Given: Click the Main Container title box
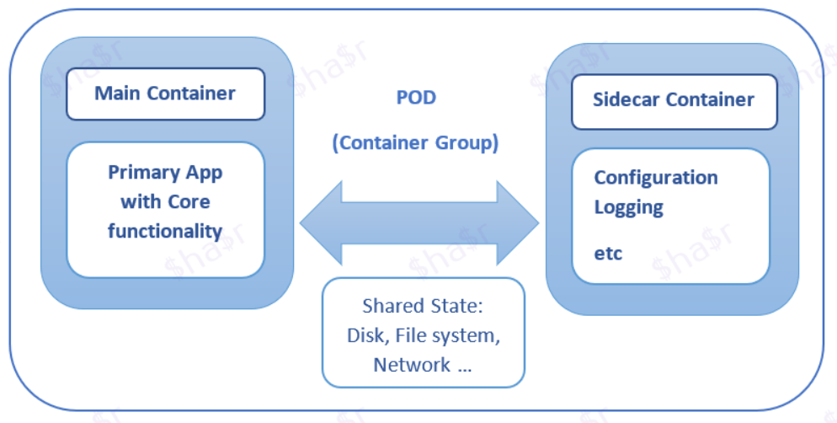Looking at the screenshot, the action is [166, 94].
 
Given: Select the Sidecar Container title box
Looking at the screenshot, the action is [674, 101].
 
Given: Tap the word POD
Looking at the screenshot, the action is [416, 97].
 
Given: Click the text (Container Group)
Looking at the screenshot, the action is [416, 142].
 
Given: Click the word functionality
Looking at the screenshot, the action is [165, 231].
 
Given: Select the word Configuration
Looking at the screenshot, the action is [656, 177].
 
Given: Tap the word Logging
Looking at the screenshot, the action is [629, 207].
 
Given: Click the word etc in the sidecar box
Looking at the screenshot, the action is [608, 253].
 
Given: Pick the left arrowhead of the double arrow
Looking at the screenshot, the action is [320, 223].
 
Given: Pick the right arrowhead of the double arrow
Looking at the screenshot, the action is [518, 223].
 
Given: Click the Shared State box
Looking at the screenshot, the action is [424, 332].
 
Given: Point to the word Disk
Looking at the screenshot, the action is [364, 335].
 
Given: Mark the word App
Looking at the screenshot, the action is [204, 174].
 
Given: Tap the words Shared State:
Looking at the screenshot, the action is [422, 306].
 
